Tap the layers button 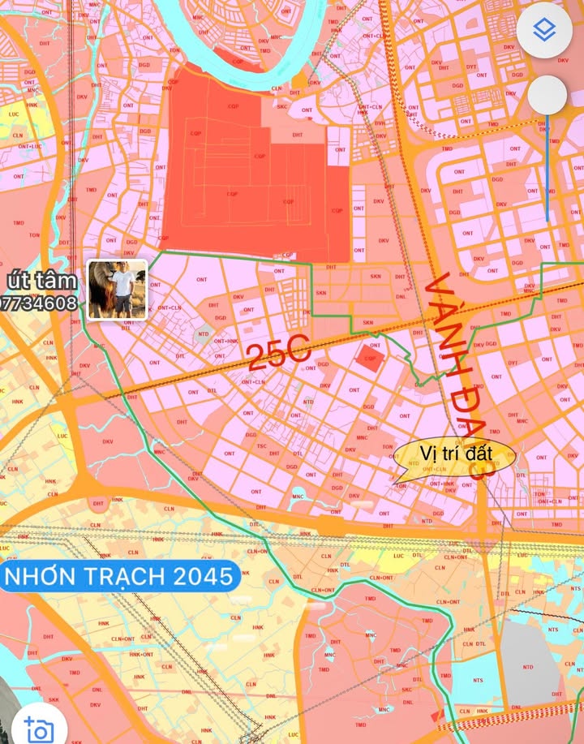pyautogui.click(x=544, y=31)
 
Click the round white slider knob pyautogui.click(x=547, y=96)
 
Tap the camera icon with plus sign pyautogui.click(x=38, y=728)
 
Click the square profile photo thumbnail pyautogui.click(x=117, y=290)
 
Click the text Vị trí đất pyautogui.click(x=455, y=452)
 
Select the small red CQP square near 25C pyautogui.click(x=370, y=359)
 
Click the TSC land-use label pyautogui.click(x=262, y=447)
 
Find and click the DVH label pyautogui.click(x=380, y=123)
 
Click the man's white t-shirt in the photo pyautogui.click(x=123, y=285)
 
